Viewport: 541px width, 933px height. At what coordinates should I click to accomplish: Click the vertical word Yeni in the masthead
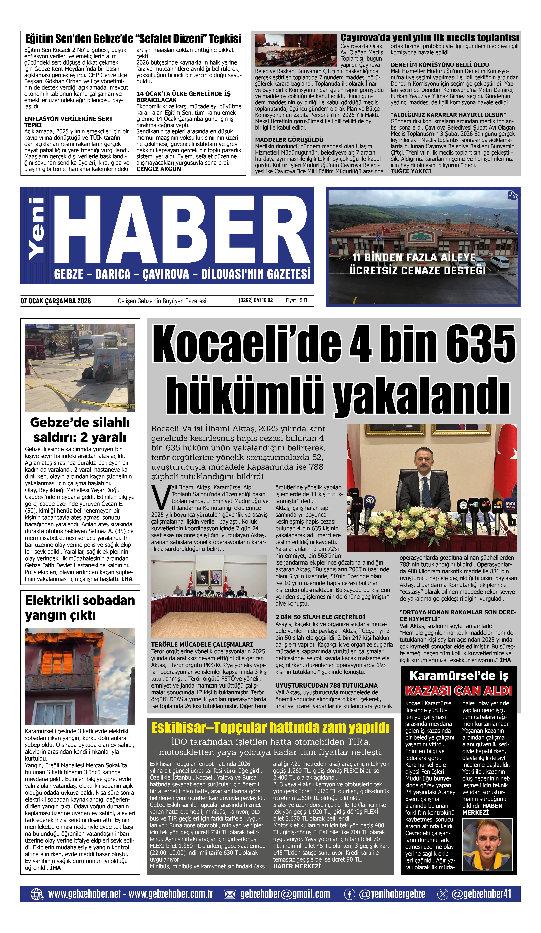37,229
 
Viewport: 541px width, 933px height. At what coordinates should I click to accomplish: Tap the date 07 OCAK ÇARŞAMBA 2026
56,301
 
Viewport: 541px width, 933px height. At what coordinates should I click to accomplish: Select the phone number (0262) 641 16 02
256,300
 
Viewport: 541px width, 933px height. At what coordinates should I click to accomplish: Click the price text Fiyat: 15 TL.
297,300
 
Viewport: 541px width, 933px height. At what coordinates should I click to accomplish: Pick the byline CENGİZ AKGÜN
158,169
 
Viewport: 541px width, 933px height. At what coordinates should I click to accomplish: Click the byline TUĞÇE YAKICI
411,171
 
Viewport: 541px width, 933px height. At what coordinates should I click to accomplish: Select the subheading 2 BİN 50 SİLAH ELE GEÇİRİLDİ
320,617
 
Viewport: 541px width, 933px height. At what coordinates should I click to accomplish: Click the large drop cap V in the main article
161,497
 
